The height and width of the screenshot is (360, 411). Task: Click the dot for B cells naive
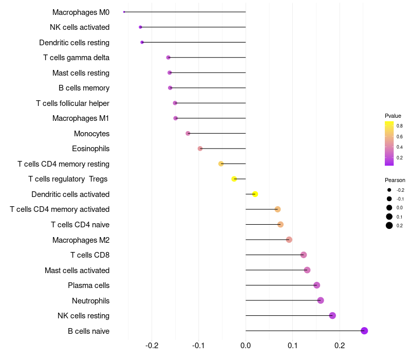pyautogui.click(x=364, y=331)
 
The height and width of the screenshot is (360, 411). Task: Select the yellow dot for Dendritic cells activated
pyautogui.click(x=255, y=194)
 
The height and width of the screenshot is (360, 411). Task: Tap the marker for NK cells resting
pyautogui.click(x=332, y=315)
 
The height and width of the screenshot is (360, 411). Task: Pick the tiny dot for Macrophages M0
pyautogui.click(x=124, y=12)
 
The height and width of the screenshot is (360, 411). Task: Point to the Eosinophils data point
pyautogui.click(x=200, y=149)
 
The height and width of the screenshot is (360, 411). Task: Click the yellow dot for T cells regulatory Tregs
pyautogui.click(x=234, y=179)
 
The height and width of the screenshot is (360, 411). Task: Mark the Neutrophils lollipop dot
pyautogui.click(x=321, y=300)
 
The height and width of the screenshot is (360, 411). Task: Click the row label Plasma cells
pyautogui.click(x=88, y=285)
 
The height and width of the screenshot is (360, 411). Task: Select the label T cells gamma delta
pyautogui.click(x=76, y=58)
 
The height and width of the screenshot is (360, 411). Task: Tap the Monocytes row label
pyautogui.click(x=91, y=134)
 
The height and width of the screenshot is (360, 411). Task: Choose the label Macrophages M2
pyautogui.click(x=81, y=240)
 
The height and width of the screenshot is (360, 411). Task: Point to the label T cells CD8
pyautogui.click(x=89, y=255)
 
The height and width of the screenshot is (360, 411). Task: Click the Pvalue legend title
pyautogui.click(x=393, y=116)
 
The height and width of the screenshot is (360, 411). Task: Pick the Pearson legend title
pyautogui.click(x=395, y=180)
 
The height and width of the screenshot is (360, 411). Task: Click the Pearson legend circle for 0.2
pyautogui.click(x=389, y=225)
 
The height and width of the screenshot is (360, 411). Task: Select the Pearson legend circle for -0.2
pyautogui.click(x=389, y=190)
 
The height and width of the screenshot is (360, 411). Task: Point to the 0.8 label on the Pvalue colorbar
pyautogui.click(x=399, y=125)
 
